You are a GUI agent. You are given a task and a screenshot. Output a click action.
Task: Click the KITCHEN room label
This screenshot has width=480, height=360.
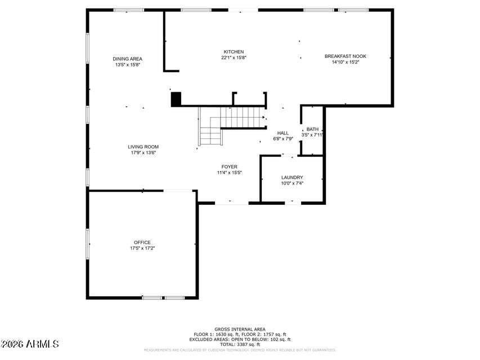(234, 52)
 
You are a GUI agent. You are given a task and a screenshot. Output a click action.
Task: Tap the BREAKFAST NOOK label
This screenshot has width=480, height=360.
(345, 56)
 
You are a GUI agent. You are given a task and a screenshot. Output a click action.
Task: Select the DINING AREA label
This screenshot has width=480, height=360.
(127, 58)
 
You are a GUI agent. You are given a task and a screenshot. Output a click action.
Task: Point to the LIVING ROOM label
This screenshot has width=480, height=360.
(143, 147)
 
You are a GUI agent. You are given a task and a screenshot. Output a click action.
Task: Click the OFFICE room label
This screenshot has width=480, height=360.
(142, 242)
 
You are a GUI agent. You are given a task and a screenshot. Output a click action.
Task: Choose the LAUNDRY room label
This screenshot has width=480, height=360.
(292, 177)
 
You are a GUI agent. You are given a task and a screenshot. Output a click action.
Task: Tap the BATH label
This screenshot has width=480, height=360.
(312, 129)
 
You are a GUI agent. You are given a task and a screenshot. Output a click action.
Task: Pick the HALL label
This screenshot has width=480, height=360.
(282, 133)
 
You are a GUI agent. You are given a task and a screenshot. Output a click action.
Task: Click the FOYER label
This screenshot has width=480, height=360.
(229, 166)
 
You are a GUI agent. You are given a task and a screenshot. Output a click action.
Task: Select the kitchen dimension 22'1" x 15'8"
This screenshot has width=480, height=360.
(234, 57)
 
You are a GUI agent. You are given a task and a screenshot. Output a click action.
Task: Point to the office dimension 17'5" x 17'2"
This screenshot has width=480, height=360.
(142, 248)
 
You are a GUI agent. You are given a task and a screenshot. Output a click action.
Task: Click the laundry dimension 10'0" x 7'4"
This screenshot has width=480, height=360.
(292, 183)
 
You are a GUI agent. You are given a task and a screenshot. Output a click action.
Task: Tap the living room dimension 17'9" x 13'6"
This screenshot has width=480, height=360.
(143, 152)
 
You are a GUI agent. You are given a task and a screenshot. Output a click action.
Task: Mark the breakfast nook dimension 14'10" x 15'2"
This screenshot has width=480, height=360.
(345, 62)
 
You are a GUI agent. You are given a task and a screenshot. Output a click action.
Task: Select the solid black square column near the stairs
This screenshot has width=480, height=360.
(176, 99)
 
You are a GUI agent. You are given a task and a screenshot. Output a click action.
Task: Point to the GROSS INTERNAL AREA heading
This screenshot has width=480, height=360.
(240, 329)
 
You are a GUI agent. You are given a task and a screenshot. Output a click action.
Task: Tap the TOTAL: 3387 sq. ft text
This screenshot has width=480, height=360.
(240, 344)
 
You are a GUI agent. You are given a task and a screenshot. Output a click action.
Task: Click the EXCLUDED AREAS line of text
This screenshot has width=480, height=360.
(240, 339)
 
